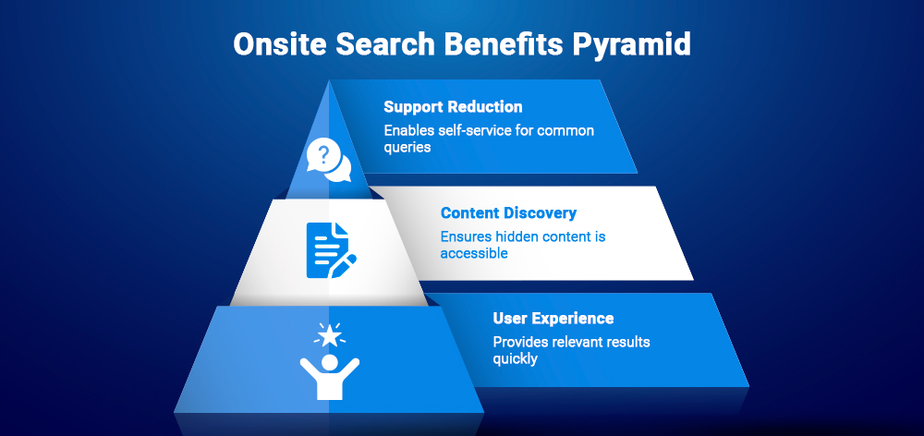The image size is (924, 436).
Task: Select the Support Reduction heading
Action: [x=453, y=107]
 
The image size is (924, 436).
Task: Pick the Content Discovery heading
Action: [x=508, y=213]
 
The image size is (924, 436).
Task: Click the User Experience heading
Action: [x=553, y=319]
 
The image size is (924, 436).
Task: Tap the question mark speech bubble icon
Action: [x=329, y=160]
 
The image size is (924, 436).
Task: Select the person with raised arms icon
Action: [x=330, y=371]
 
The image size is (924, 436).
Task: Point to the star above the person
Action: [x=330, y=334]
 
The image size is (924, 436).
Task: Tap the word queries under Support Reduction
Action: [x=407, y=147]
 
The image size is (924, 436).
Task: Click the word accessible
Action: [x=474, y=253]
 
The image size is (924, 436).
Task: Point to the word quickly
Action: [x=516, y=358]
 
